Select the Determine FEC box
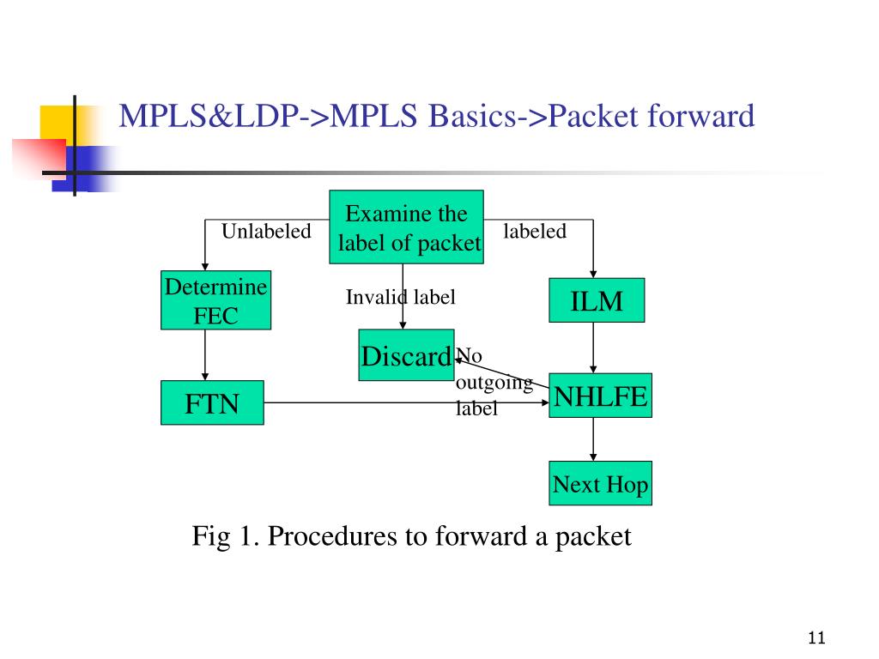point(215,300)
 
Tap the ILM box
point(597,301)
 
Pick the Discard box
point(406,354)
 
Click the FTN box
point(212,403)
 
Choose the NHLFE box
point(600,396)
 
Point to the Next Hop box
point(600,484)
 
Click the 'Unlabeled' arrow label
point(266,232)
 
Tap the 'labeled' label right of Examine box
point(535,231)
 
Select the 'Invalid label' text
point(400,297)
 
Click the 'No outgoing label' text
point(493,382)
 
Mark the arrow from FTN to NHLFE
point(403,403)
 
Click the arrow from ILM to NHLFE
point(592,348)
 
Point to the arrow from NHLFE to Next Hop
point(592,439)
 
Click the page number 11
point(815,638)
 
